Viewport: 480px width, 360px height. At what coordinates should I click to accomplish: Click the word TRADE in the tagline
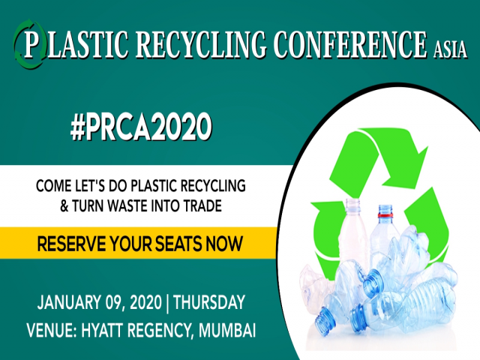[x=199, y=205]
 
